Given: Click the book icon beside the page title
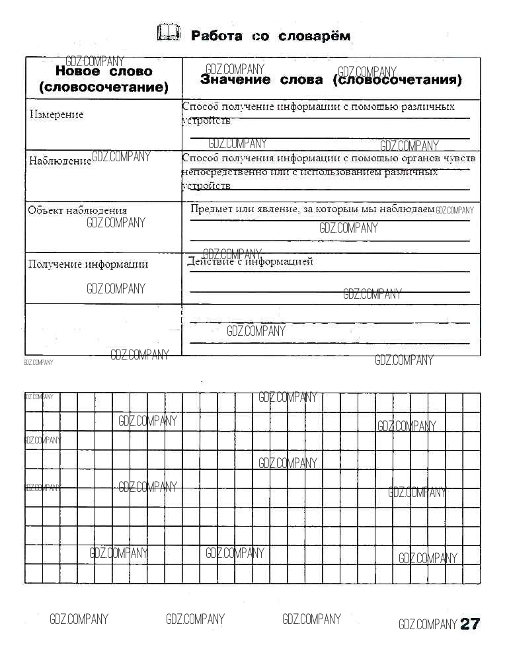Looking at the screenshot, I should (x=169, y=33).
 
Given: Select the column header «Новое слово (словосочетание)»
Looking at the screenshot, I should (x=103, y=79).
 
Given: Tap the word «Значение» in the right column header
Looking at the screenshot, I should (x=235, y=80).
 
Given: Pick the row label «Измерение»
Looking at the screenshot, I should (x=57, y=114).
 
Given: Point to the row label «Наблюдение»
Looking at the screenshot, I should (x=59, y=161).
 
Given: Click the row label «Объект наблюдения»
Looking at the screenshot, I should (x=77, y=210).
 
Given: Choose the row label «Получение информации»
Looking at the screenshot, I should (x=88, y=264).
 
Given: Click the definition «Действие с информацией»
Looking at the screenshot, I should (x=250, y=262).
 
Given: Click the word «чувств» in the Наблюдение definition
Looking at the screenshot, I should (x=461, y=159).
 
